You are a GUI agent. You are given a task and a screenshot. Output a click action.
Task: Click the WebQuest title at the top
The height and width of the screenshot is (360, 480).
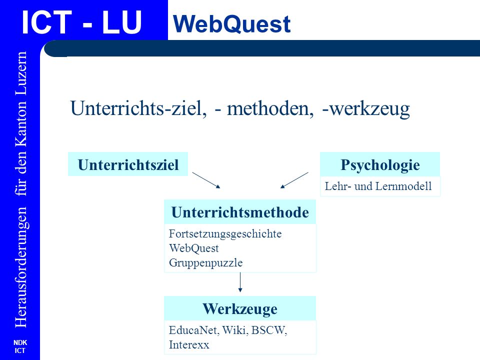[x=231, y=24]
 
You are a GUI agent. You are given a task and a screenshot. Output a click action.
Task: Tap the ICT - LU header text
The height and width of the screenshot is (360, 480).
[x=81, y=22]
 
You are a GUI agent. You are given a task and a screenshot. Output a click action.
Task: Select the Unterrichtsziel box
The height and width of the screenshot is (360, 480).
[x=128, y=164]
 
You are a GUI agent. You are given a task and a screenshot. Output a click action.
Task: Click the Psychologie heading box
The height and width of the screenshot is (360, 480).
[x=380, y=164]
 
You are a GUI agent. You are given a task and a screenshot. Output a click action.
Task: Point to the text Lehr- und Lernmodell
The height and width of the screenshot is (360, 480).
[x=378, y=186]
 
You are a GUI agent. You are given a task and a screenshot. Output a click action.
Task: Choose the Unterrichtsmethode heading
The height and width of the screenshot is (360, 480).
[x=240, y=212]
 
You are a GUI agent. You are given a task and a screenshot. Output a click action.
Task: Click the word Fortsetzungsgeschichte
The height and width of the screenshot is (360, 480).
[x=225, y=234]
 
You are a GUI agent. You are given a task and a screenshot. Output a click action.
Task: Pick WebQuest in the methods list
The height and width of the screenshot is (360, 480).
[x=194, y=248]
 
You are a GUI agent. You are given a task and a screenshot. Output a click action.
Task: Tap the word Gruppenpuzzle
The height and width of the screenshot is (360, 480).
[x=205, y=263]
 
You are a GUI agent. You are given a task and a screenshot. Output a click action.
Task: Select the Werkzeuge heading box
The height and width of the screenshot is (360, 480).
[x=240, y=308]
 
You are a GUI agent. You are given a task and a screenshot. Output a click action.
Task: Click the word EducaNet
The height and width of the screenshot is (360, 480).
[x=194, y=330]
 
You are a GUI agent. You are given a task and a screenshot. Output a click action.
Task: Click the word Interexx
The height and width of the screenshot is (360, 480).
[x=189, y=344]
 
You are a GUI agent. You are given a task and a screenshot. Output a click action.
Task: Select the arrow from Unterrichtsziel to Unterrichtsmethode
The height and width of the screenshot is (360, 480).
[x=206, y=180]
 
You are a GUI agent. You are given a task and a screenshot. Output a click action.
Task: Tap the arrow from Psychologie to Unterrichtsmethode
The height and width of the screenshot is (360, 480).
[x=294, y=180]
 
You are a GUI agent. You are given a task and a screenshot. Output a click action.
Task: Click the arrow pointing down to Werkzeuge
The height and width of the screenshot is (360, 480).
[x=240, y=282]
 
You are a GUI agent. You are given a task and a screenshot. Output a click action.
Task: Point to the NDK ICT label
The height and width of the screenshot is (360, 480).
[x=20, y=346]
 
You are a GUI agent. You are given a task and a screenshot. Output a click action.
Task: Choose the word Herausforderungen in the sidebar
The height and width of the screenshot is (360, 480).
[x=21, y=267]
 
